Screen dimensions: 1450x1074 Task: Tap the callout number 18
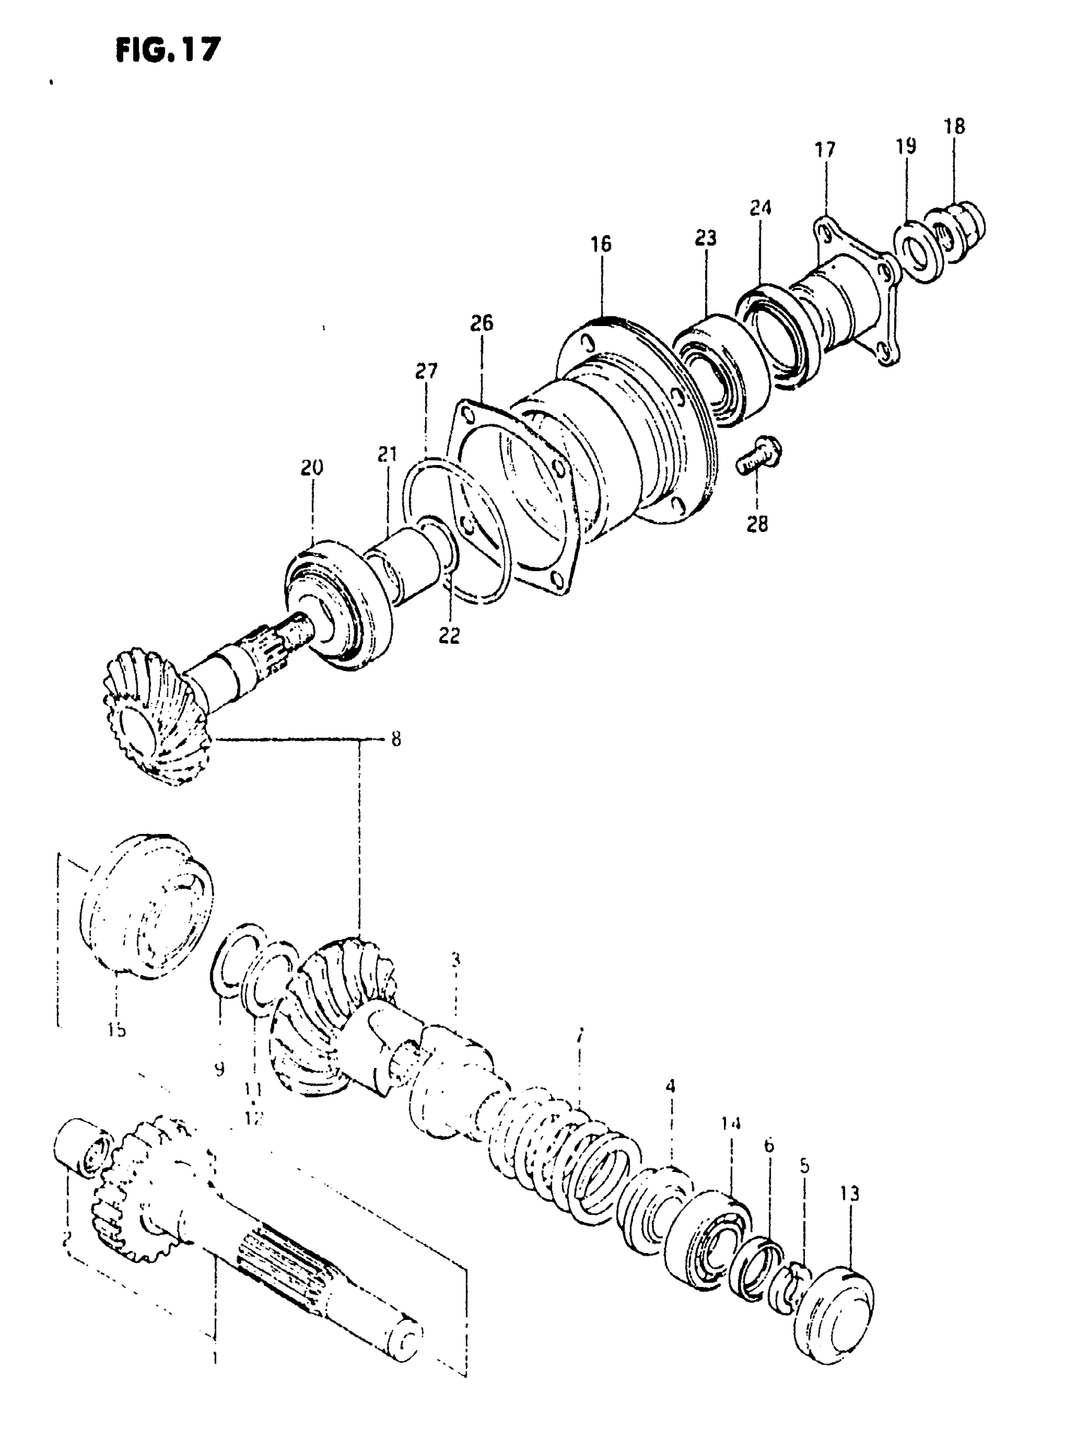(955, 126)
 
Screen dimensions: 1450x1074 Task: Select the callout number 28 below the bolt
(757, 523)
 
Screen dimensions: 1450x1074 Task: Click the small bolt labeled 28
(759, 455)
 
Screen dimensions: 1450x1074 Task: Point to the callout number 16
(601, 245)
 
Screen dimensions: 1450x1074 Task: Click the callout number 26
(482, 323)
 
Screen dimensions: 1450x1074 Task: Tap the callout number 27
(426, 372)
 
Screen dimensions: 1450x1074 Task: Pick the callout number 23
(706, 238)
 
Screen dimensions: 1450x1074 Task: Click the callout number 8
(396, 739)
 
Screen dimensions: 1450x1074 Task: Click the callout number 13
(850, 1194)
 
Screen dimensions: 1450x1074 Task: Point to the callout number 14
(731, 1141)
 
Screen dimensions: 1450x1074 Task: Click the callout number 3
(456, 959)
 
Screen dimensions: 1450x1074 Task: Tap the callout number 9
(220, 1069)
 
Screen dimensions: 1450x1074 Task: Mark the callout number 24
(760, 208)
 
